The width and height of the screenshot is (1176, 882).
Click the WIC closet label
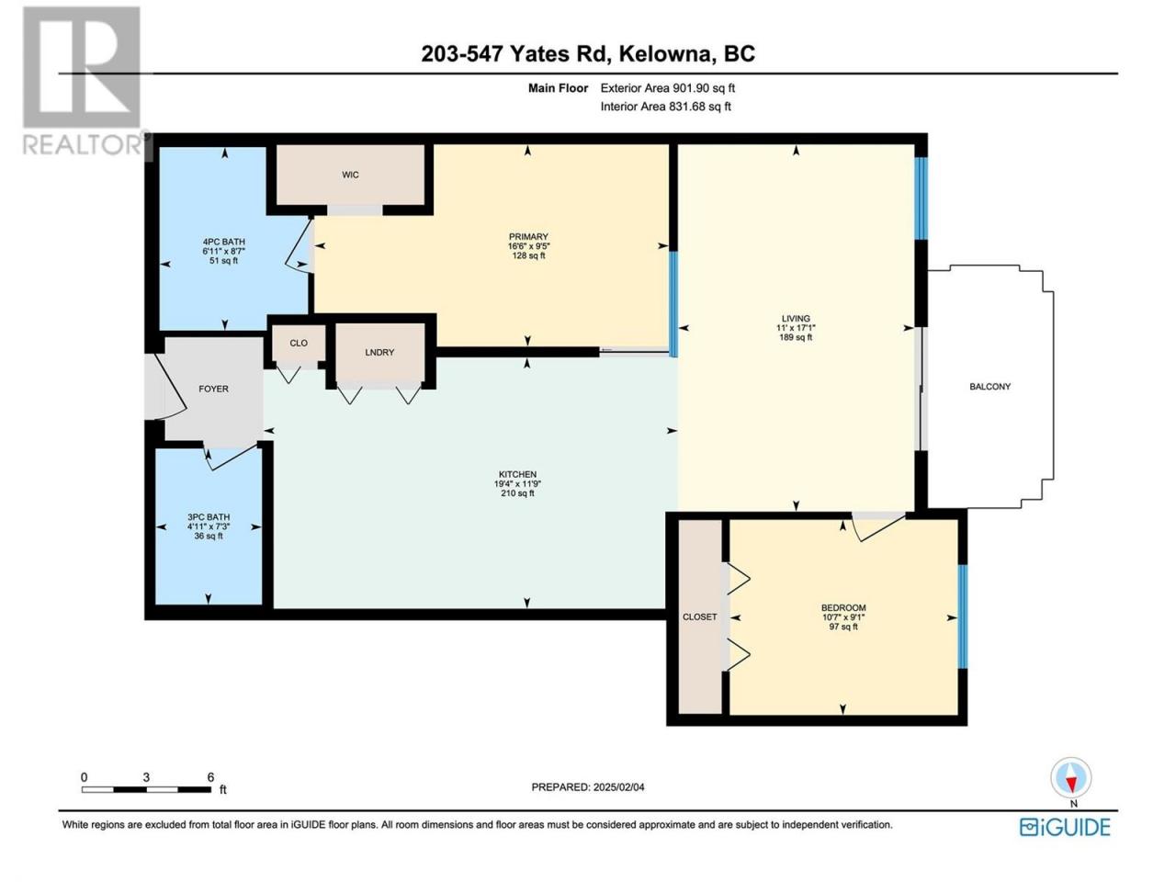click(x=350, y=175)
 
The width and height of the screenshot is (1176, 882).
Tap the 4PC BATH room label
click(x=223, y=242)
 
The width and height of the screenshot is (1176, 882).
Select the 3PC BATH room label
click(x=209, y=516)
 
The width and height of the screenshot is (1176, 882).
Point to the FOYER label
click(x=213, y=389)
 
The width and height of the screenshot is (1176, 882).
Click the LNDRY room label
click(x=379, y=353)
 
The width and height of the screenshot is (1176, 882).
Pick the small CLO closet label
click(x=299, y=343)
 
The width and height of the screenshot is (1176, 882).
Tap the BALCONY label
click(x=989, y=386)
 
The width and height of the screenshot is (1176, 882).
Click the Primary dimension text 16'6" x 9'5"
click(x=528, y=246)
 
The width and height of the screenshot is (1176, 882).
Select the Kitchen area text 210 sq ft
click(x=517, y=493)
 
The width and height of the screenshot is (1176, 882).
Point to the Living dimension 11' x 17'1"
click(x=796, y=328)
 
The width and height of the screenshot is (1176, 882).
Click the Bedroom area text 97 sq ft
click(x=843, y=627)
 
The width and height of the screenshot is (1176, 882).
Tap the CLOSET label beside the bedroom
click(x=699, y=616)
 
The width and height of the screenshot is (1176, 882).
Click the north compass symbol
click(x=1071, y=778)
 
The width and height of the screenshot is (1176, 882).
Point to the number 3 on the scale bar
click(x=146, y=777)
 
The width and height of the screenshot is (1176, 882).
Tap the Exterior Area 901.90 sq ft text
click(x=668, y=88)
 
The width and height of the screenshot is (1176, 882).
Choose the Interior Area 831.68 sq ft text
click(x=665, y=106)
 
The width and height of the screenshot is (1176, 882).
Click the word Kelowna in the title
click(x=663, y=54)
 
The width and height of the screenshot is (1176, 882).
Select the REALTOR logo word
click(x=83, y=144)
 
